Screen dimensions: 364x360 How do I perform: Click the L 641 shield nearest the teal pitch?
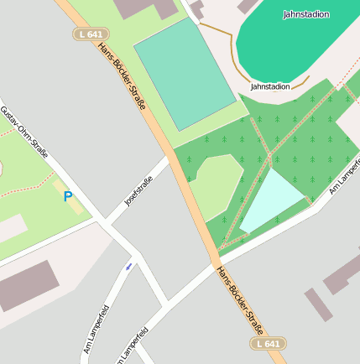[91, 34]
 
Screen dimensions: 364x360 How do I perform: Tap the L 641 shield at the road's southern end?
[268, 344]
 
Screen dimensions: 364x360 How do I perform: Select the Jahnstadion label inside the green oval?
[306, 14]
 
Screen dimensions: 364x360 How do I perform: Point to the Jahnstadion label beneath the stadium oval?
[270, 86]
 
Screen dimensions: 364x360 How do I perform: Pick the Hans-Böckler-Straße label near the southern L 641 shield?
[240, 300]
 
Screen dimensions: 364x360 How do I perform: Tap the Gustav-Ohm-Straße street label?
[23, 133]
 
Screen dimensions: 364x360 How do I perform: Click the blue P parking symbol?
[68, 197]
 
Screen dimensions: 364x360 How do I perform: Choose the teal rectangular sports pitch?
[185, 74]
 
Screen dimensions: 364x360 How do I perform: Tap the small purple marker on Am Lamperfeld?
[128, 266]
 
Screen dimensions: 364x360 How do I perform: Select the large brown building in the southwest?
[30, 285]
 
